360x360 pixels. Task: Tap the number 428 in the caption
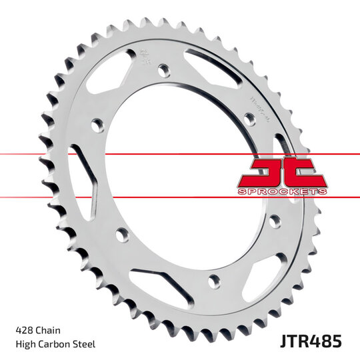(x=23, y=330)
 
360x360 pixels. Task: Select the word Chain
(x=52, y=330)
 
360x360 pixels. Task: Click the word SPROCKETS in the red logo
(x=282, y=191)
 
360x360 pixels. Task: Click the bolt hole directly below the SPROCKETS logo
(x=274, y=221)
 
